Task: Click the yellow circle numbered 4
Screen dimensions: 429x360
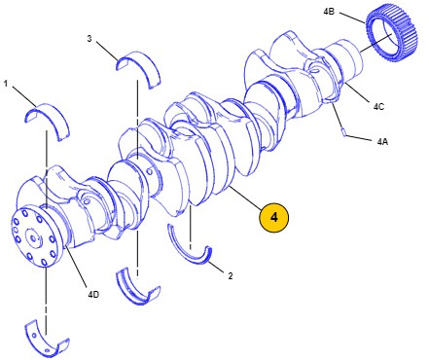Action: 273,217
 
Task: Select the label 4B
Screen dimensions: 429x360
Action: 329,12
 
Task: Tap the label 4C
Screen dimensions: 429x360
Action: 378,106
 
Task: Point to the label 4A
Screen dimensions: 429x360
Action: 382,141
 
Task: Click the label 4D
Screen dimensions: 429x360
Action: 93,295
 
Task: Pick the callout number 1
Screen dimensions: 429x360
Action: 6,84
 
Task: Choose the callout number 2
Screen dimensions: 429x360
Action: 231,276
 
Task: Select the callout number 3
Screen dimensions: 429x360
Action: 89,39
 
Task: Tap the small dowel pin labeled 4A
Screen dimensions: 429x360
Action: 344,132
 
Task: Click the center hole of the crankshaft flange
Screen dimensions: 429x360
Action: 32,238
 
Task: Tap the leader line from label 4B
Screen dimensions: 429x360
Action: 352,18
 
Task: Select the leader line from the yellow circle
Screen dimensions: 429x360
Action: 245,198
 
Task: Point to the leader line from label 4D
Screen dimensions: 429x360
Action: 75,268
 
